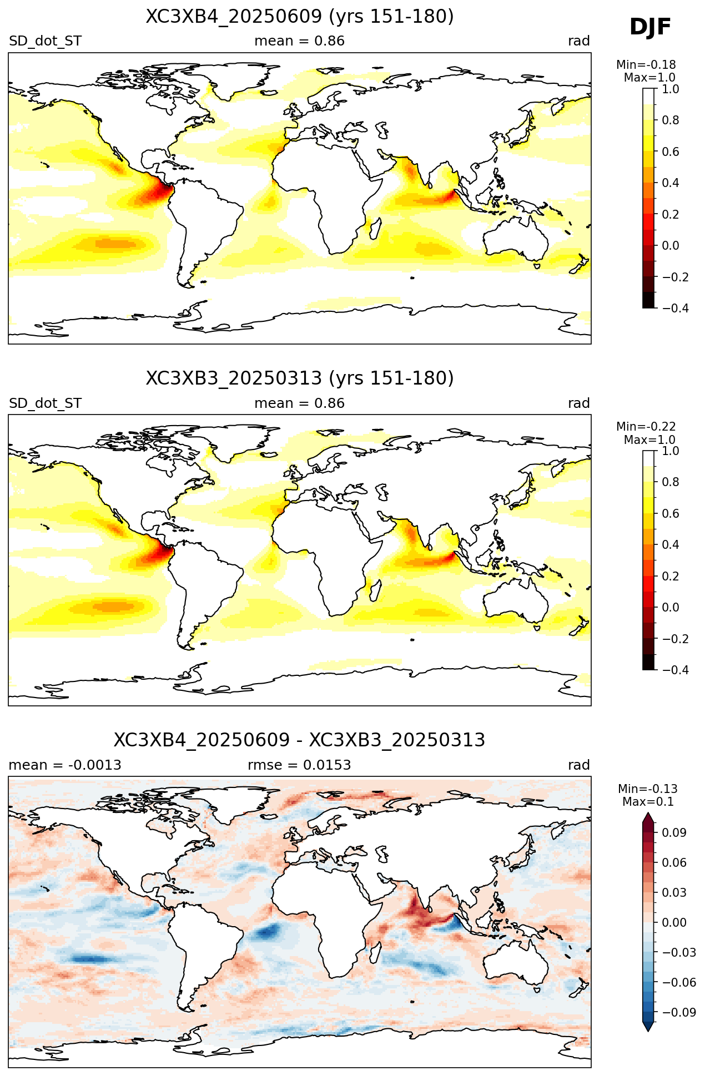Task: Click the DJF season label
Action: pos(650,27)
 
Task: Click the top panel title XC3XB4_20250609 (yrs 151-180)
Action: pos(300,17)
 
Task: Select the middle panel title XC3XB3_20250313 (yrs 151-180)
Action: pos(300,378)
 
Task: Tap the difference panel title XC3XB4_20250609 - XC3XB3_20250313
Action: pos(300,740)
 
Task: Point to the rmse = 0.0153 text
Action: pos(299,765)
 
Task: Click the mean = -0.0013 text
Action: pos(65,765)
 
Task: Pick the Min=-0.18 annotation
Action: pos(646,65)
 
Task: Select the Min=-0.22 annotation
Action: pos(646,427)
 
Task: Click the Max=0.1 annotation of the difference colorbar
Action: pos(648,802)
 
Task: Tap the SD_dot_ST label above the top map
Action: pos(45,41)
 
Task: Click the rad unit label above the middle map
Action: pos(579,403)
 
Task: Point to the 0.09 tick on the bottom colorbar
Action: pos(674,833)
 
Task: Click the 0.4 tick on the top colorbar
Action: pos(670,183)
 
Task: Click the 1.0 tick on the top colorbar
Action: pos(670,89)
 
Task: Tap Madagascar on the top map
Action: pos(376,229)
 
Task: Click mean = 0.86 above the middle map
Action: pos(299,403)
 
